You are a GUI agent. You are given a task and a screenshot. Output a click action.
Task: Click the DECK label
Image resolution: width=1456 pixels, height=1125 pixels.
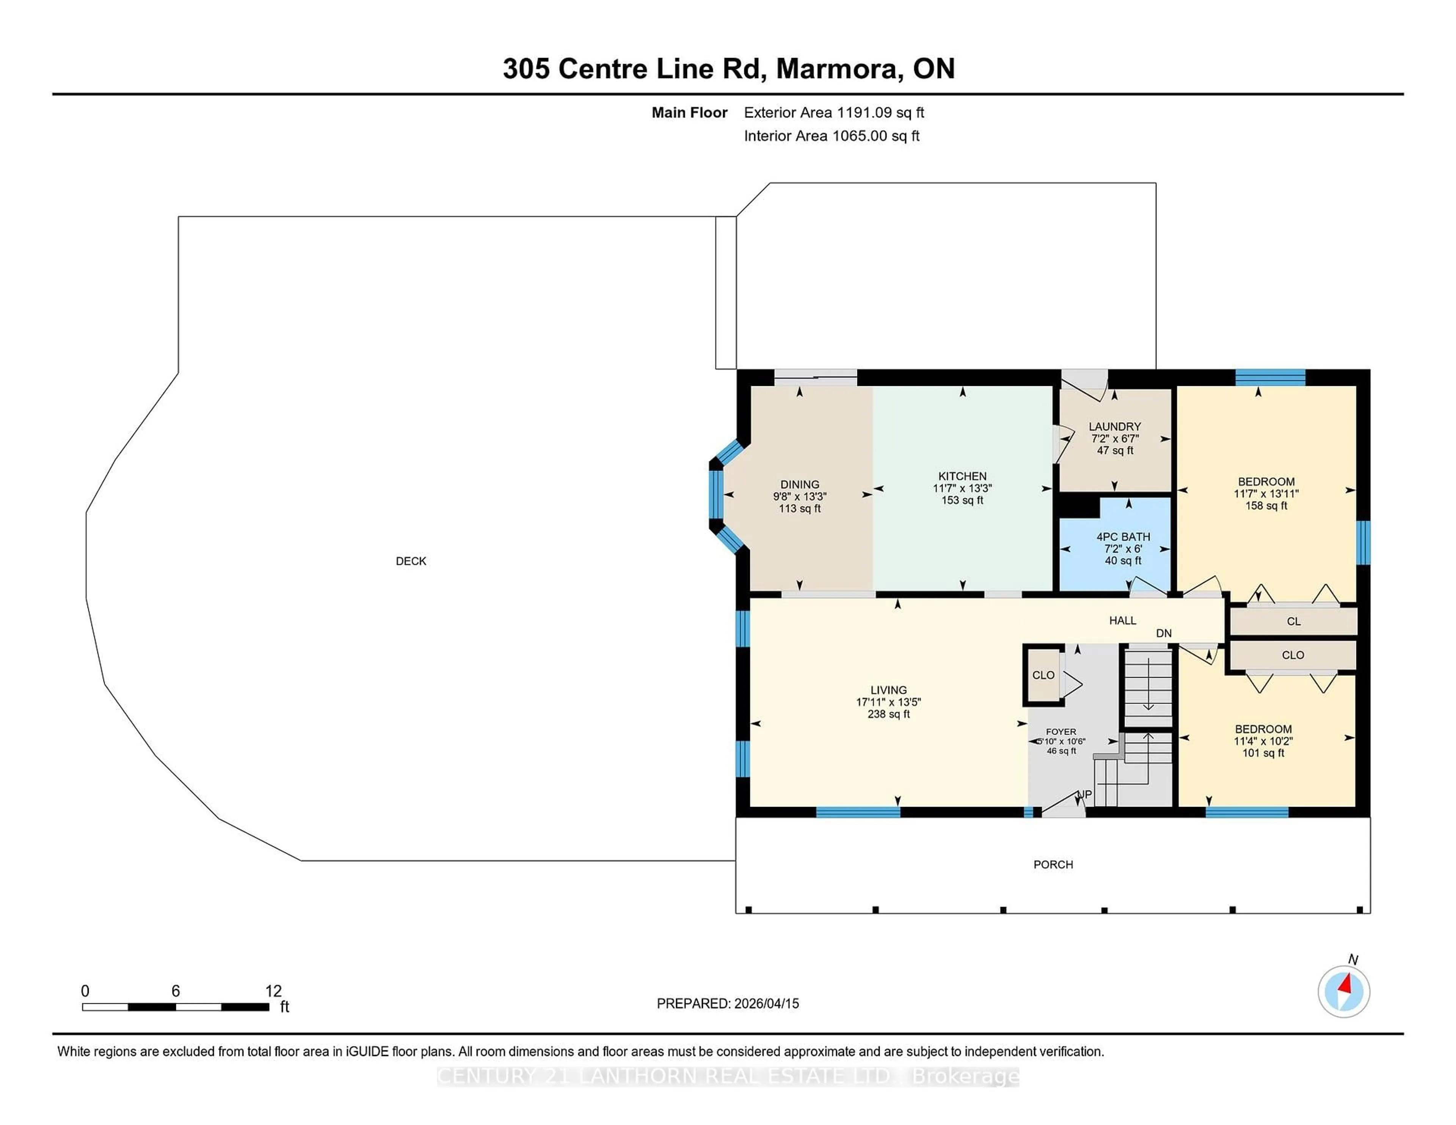[x=411, y=561]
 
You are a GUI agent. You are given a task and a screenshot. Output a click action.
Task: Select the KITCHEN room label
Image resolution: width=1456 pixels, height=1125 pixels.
[x=962, y=476]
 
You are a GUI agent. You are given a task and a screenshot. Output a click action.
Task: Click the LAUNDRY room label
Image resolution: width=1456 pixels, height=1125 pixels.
[x=1115, y=426]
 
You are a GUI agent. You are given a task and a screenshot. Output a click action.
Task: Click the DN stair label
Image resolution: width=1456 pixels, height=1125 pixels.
[x=1163, y=633]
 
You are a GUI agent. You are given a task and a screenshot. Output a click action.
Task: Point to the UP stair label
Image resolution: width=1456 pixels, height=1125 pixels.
[x=1085, y=794]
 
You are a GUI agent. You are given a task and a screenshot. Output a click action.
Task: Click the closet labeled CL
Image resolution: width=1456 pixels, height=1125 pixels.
[x=1293, y=621]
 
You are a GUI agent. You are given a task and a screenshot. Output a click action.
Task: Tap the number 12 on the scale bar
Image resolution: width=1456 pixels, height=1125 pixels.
[x=273, y=991]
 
